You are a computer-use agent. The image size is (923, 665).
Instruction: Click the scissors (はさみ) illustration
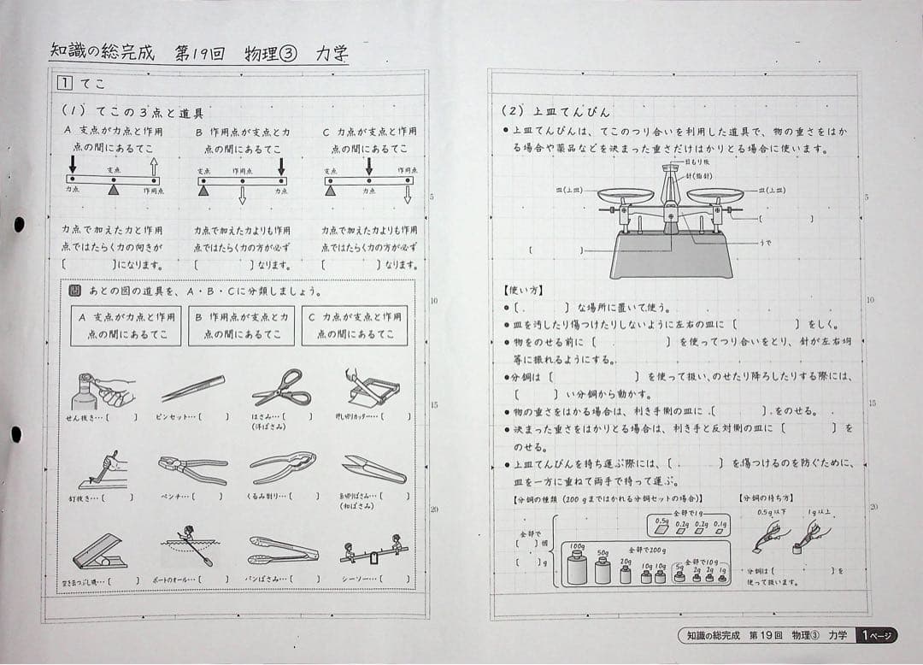[x=281, y=388]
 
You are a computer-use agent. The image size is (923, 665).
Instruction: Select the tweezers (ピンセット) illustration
[x=193, y=388]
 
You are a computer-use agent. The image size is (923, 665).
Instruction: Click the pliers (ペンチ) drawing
[x=192, y=468]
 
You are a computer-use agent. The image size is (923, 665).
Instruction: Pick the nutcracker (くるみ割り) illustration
[x=283, y=468]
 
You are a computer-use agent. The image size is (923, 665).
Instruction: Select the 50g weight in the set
[x=603, y=571]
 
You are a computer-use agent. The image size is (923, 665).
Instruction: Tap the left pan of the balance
[x=625, y=195]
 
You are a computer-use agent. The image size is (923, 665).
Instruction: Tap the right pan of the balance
[x=715, y=195]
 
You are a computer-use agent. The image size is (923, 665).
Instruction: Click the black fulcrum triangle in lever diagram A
[x=113, y=191]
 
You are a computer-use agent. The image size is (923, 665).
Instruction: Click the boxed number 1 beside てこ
[x=64, y=83]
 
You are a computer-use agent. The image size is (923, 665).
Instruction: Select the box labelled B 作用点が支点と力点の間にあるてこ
[x=243, y=326]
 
